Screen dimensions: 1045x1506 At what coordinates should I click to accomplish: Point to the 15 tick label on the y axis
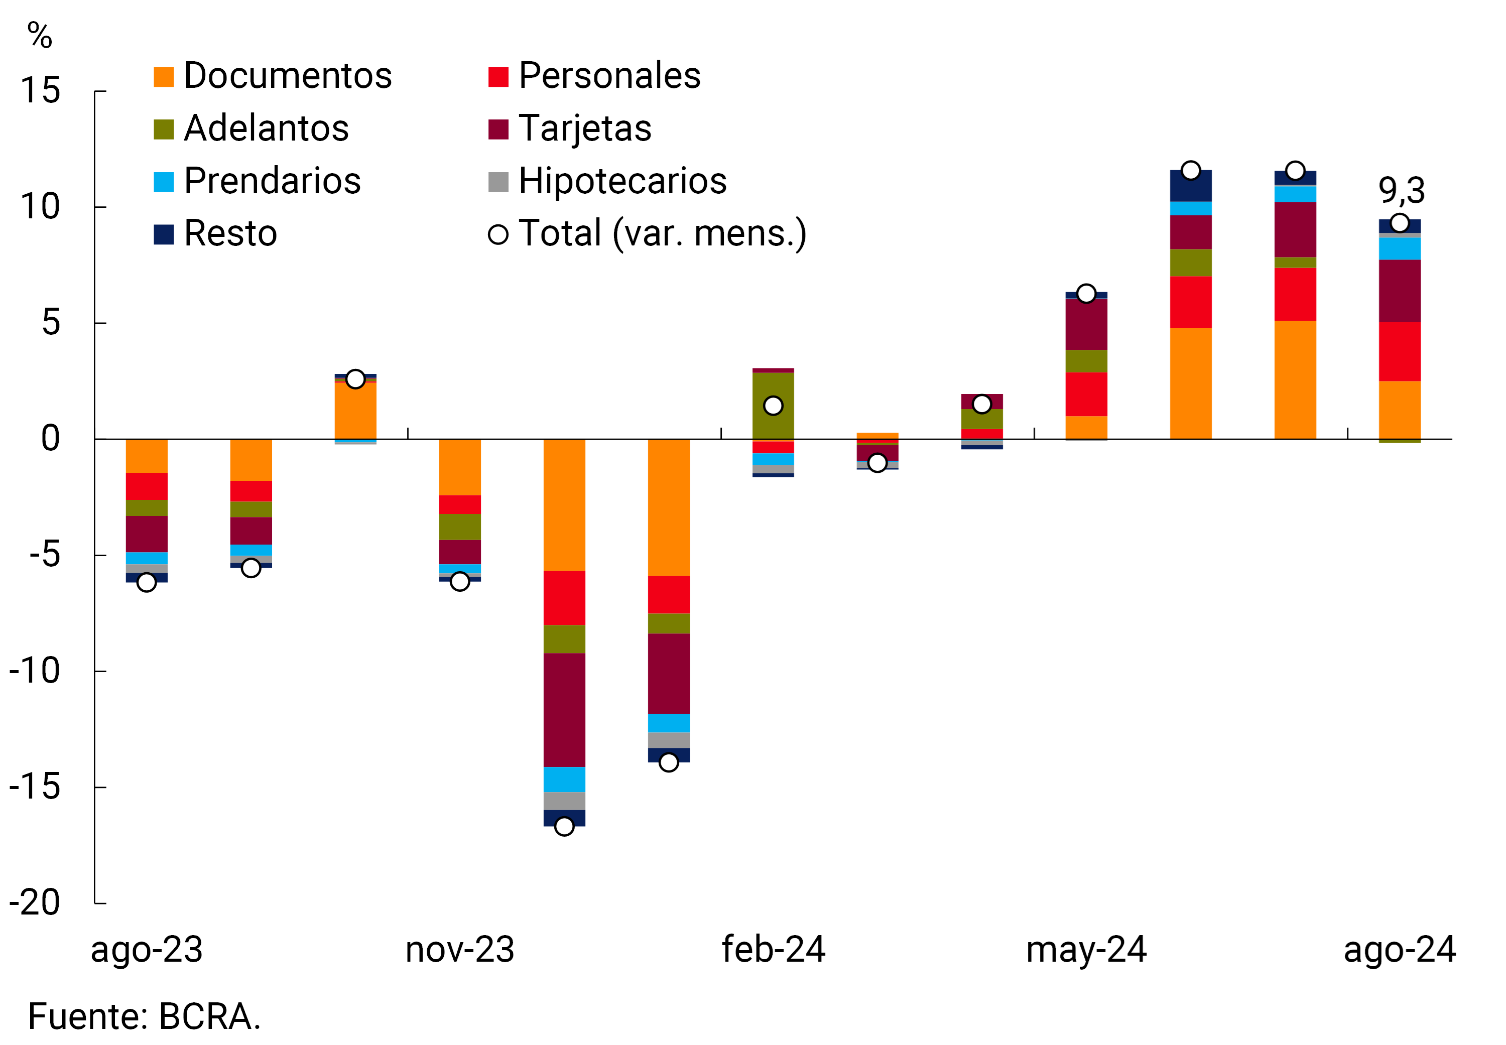[40, 90]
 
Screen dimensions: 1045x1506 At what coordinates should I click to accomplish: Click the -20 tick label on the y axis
[34, 903]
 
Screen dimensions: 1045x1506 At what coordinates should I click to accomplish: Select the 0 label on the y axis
[50, 439]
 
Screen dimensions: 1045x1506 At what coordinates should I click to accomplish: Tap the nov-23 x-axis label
[460, 950]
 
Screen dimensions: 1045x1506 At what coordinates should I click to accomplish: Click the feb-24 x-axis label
[773, 950]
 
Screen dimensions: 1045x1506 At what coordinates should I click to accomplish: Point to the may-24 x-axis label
[1086, 950]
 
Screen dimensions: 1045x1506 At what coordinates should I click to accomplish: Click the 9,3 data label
[1401, 191]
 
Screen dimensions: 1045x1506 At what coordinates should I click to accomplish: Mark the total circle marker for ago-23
[147, 582]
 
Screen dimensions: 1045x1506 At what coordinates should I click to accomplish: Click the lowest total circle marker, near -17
[564, 826]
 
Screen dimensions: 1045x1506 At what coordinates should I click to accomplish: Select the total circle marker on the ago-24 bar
[1399, 223]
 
